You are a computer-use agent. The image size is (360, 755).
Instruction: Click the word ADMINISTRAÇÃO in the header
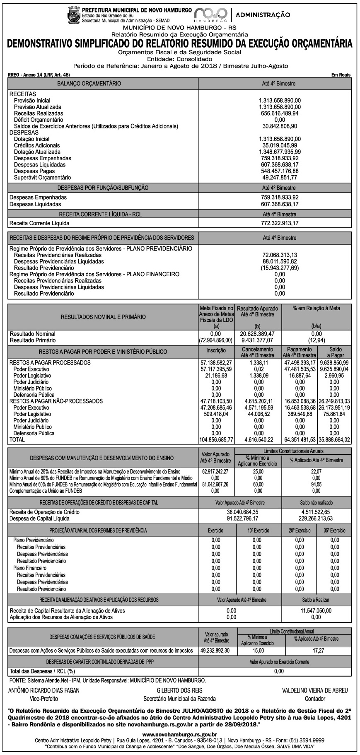(263, 15)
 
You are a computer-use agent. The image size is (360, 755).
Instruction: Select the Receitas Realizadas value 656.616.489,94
(280, 113)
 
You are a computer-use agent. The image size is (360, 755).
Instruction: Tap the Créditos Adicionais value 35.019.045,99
(280, 145)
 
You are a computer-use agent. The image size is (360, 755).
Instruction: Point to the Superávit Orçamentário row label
(42, 177)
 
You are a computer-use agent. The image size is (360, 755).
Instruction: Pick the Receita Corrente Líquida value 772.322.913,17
(280, 223)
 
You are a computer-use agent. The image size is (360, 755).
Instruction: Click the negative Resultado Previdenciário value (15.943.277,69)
(280, 268)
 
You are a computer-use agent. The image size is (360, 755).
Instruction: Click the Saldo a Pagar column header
(335, 352)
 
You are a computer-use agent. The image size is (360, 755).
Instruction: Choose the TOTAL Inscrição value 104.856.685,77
(216, 440)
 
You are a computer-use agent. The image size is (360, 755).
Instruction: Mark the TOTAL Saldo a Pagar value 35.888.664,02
(335, 440)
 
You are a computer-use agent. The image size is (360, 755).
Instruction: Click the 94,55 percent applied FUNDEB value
(316, 484)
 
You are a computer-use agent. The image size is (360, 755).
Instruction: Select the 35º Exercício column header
(335, 531)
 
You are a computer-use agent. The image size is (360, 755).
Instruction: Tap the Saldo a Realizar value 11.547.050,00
(316, 610)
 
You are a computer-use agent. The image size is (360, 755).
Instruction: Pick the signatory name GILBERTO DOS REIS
(179, 690)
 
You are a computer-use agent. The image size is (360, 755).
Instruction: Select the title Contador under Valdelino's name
(315, 699)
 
